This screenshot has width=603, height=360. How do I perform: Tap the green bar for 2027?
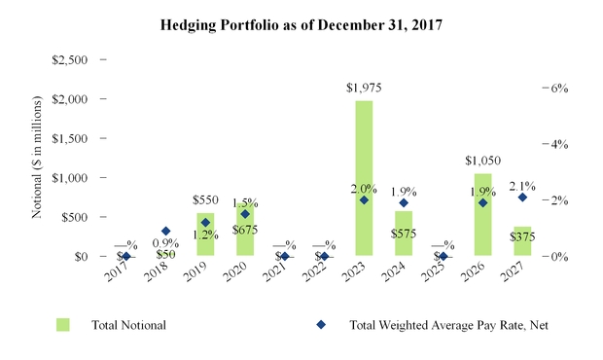tap(522, 241)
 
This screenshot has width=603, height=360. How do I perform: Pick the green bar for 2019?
tap(205, 234)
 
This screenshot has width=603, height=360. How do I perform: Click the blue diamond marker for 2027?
tap(522, 198)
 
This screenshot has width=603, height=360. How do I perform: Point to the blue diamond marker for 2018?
tap(165, 232)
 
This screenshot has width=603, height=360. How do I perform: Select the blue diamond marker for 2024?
tap(404, 203)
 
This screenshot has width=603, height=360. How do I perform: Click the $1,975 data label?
tap(363, 88)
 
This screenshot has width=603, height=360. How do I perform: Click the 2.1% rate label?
tap(522, 185)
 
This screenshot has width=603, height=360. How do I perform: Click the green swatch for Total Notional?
tap(63, 324)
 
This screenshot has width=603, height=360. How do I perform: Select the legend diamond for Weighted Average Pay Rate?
tap(323, 324)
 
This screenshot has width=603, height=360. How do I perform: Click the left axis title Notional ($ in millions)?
tap(36, 156)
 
